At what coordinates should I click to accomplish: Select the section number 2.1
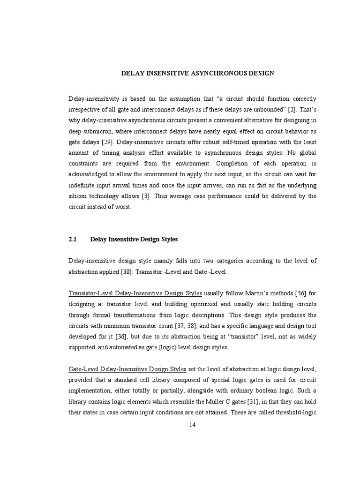coord(72,239)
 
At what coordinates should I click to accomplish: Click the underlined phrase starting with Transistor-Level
coord(135,293)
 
